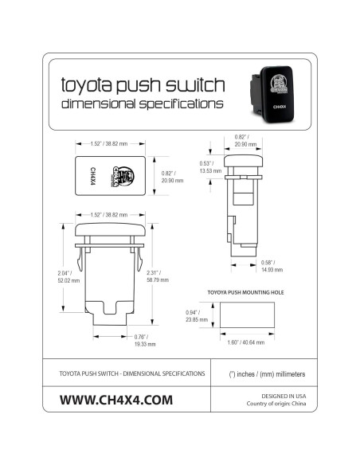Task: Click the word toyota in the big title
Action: [x=88, y=84]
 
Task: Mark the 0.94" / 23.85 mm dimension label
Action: [x=198, y=317]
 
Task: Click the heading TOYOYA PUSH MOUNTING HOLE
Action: [x=245, y=292]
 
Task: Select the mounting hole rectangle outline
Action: [x=243, y=318]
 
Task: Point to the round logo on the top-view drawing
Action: [x=120, y=176]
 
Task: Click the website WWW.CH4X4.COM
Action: [x=116, y=400]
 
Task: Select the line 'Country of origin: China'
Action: [x=278, y=404]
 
